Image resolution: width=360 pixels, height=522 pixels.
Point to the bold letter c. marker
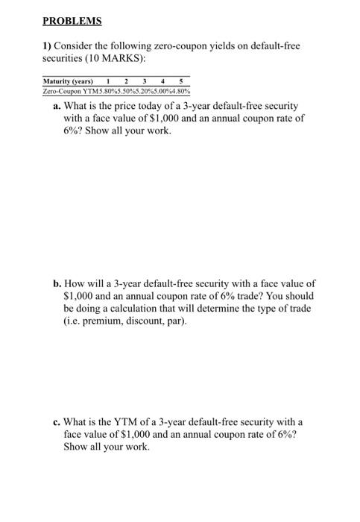[57, 422]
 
